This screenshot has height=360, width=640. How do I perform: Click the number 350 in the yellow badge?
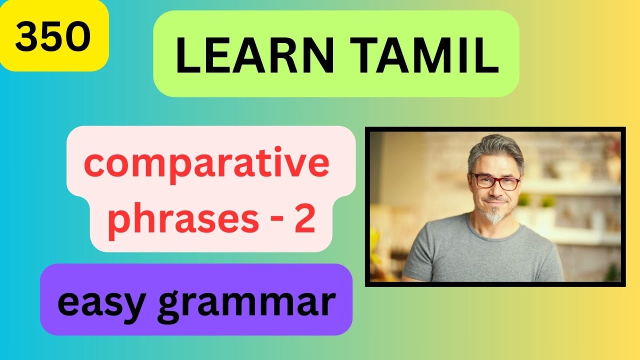[x=52, y=37]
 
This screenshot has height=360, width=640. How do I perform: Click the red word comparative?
[x=206, y=165]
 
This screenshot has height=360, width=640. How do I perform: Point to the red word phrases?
[x=183, y=220]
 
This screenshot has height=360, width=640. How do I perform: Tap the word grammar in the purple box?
[x=246, y=303]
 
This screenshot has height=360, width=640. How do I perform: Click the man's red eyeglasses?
[x=494, y=181]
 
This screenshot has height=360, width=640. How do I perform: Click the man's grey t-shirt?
[x=482, y=255]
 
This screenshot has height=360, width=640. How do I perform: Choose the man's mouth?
[x=494, y=201]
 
